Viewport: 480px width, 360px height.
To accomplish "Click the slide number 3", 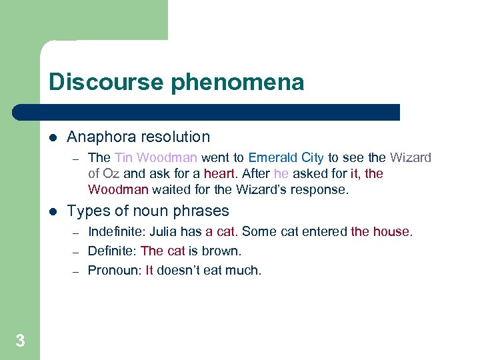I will (20, 341).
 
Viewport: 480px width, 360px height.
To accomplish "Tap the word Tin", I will (123, 158).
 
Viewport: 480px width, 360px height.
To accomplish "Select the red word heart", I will (219, 174).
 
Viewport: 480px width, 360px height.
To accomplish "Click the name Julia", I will (163, 232).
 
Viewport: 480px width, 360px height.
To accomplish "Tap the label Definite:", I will (113, 251).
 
